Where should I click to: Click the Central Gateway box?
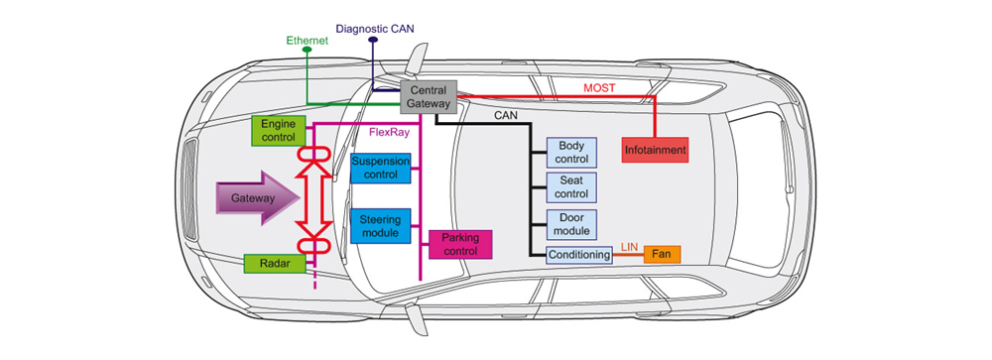429,97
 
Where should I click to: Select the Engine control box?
279,130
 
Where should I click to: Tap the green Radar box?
275,263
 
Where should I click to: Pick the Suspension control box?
381,168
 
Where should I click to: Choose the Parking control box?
460,244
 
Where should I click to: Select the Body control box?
571,153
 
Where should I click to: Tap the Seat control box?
571,187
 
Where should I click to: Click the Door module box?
571,224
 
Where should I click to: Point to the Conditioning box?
580,255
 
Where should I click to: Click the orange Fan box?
663,255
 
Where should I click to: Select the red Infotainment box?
655,151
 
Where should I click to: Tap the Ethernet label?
308,40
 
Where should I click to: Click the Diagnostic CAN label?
376,29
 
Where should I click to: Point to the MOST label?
598,88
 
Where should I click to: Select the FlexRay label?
389,133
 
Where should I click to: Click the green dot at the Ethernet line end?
308,49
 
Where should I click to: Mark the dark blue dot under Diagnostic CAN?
373,40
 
